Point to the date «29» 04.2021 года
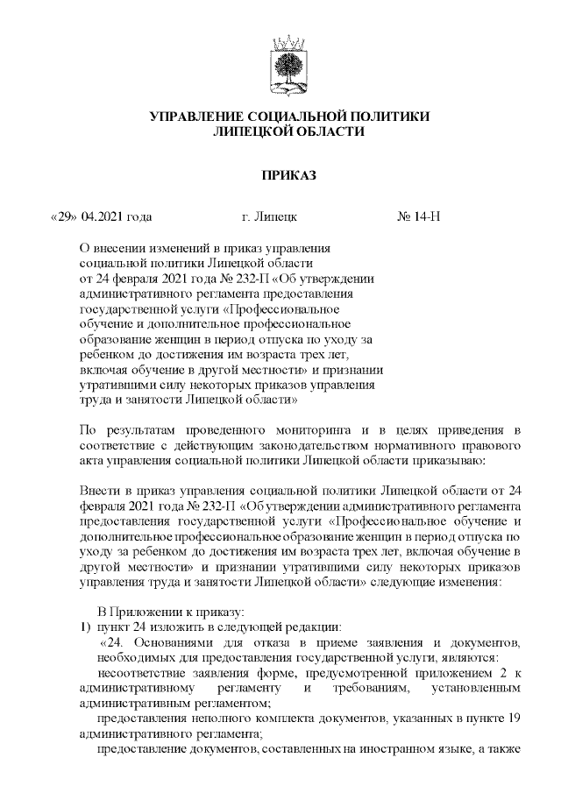point(91,216)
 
